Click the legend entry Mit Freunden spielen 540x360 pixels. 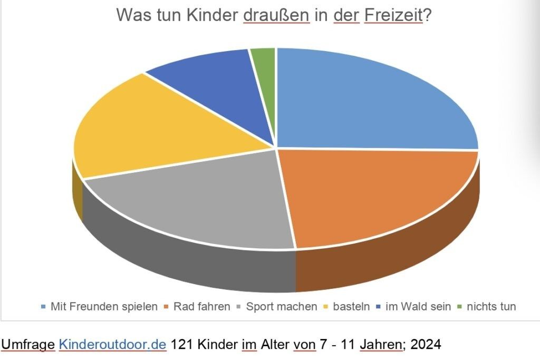tap(103, 306)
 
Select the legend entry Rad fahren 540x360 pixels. tap(201, 306)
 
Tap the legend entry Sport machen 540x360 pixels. tap(281, 306)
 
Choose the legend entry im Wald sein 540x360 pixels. tap(418, 306)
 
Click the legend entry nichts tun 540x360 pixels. tap(489, 306)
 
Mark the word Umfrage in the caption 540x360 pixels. tap(28, 345)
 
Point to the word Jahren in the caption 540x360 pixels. tap(380, 345)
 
